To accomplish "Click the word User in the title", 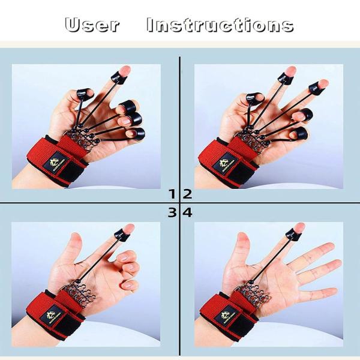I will (x=92, y=25).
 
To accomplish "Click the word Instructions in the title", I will (x=220, y=25).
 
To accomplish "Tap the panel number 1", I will (x=173, y=193).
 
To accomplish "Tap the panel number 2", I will (x=187, y=193).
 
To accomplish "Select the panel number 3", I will (x=173, y=212).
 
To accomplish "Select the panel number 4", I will (x=187, y=212).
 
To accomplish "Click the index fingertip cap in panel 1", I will (x=120, y=76).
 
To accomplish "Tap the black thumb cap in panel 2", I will (x=254, y=97).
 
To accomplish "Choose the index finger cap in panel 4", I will (x=294, y=233).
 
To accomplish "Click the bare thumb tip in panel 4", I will (x=242, y=238).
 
